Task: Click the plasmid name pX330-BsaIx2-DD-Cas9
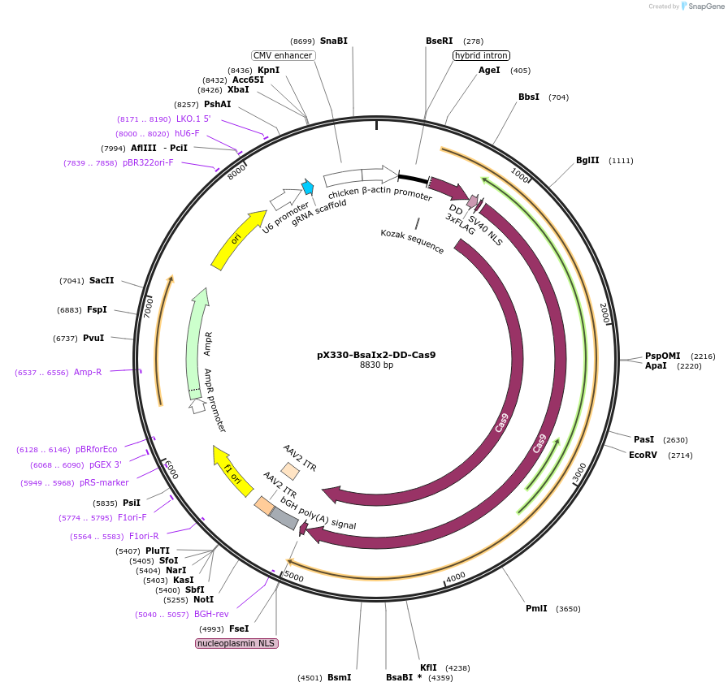376,354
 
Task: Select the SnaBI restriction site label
333,41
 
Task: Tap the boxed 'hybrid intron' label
481,55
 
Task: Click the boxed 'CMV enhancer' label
283,55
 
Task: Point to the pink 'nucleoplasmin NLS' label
236,643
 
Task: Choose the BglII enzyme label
587,160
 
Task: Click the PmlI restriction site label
536,608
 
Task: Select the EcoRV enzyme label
643,455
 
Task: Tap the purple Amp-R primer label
88,372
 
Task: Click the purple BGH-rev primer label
211,614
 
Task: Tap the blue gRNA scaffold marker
307,187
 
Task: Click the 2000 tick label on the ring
604,313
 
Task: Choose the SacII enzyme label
102,280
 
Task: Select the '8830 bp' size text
376,365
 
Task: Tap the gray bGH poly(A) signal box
284,517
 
